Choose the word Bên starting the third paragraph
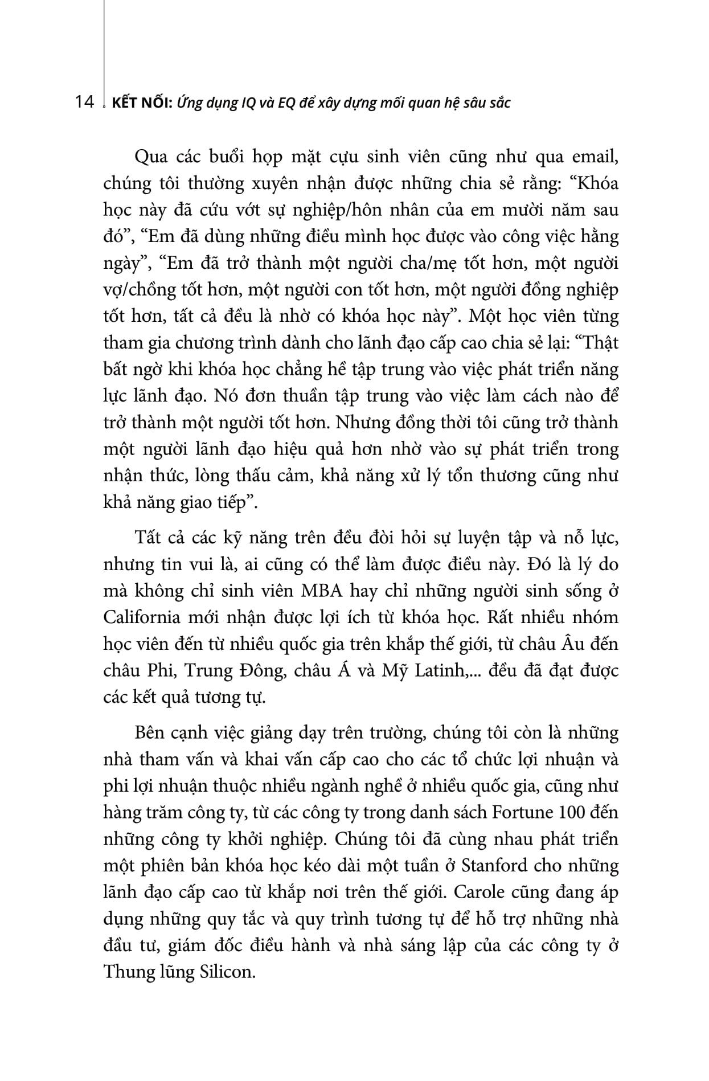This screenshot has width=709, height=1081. [x=149, y=732]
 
